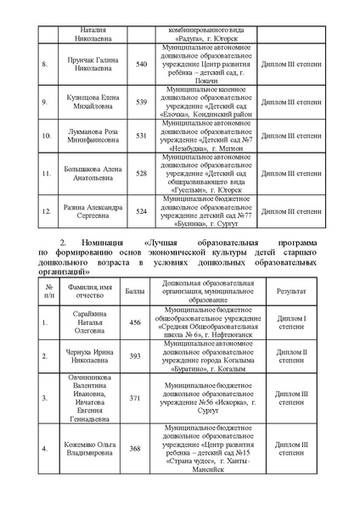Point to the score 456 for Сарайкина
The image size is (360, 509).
133,323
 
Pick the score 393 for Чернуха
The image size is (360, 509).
133,357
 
